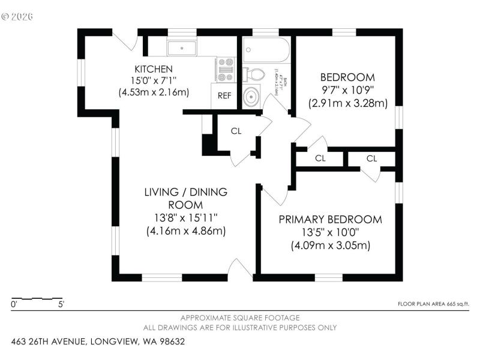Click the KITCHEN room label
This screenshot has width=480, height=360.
click(154, 69)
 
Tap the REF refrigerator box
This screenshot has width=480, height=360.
click(224, 95)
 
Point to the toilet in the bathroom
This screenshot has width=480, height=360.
click(254, 74)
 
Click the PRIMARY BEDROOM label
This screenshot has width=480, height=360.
click(330, 220)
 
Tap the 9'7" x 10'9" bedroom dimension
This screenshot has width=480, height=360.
click(348, 90)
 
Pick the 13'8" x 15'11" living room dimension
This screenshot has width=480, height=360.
click(185, 217)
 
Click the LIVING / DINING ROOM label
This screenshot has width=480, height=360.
click(185, 198)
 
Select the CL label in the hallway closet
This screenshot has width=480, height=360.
click(236, 131)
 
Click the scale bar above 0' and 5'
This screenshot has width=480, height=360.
click(37, 298)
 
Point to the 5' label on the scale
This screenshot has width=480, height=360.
click(61, 305)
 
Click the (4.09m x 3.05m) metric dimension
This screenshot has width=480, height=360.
click(330, 245)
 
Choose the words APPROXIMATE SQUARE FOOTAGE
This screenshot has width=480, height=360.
click(240, 317)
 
